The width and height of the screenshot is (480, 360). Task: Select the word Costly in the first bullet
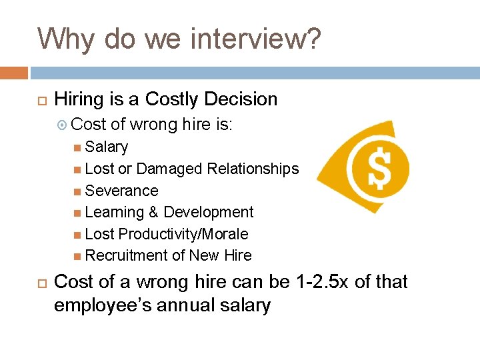point(172,99)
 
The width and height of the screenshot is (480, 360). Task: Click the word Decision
point(241,99)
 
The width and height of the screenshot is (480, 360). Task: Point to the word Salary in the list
point(107,147)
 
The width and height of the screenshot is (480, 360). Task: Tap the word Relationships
point(253,169)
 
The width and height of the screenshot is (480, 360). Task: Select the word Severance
point(122,191)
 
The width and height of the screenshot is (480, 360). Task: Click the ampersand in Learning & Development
point(153,212)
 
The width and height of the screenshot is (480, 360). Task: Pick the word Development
point(209,212)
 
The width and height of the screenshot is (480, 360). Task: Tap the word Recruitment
point(127,255)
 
